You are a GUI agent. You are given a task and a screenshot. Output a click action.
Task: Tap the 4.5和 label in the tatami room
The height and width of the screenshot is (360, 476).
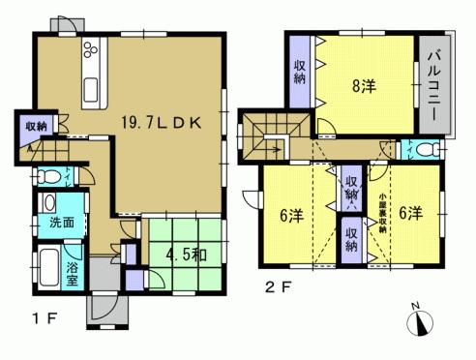click(184, 257)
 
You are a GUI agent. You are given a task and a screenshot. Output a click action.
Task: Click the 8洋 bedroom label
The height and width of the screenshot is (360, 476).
click(364, 84)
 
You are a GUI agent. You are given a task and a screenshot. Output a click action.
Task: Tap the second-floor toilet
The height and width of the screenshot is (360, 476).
click(423, 149)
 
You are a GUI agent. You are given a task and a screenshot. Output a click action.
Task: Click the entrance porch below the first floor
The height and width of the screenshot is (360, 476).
click(102, 308)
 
